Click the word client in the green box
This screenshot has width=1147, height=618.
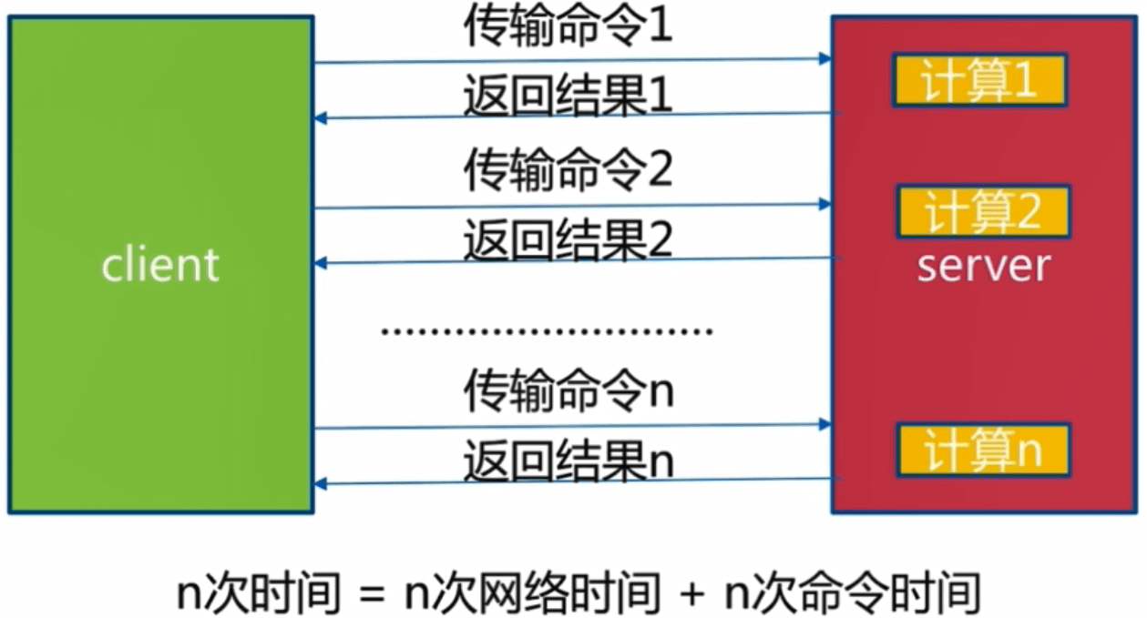(160, 265)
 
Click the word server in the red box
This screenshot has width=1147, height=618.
(983, 266)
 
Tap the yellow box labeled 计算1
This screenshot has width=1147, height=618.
(979, 83)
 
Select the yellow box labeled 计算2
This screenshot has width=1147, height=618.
(982, 212)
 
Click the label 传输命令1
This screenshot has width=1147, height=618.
(568, 28)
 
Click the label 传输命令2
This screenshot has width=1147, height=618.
(568, 171)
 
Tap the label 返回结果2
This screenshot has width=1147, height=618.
(568, 240)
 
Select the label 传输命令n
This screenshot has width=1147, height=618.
(568, 391)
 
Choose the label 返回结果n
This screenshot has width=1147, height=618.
(568, 461)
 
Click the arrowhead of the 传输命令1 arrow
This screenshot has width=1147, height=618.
(825, 58)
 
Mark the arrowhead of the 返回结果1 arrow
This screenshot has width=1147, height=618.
(320, 118)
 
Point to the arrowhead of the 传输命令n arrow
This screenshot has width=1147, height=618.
(825, 424)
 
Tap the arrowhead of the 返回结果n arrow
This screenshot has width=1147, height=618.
(320, 483)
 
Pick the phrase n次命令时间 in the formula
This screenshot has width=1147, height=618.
(852, 594)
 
